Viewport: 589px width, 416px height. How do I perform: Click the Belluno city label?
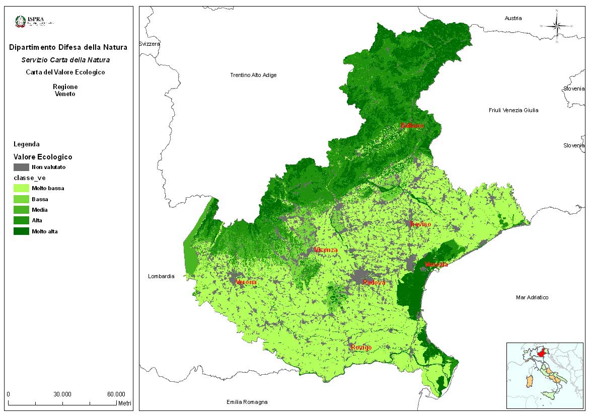coord(412,126)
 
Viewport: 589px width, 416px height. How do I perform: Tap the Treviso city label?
coord(420,224)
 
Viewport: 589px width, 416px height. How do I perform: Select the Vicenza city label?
coord(325,250)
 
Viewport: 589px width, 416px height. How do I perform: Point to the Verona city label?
coord(246,283)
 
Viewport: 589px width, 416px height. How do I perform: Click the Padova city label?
coord(374,283)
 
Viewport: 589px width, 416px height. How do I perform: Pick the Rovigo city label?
coord(361,348)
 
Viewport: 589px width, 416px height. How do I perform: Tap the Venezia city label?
coord(436,265)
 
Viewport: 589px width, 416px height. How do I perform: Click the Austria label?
coord(513,18)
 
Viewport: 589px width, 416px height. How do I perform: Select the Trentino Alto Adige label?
coord(253,75)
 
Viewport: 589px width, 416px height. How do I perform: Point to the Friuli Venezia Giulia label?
coord(513,110)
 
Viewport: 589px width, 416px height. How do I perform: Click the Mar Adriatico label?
coord(532,297)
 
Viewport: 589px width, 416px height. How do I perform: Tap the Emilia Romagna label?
coord(247,402)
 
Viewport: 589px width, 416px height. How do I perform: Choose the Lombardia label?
coord(161,276)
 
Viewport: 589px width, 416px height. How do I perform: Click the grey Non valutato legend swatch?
coord(21,167)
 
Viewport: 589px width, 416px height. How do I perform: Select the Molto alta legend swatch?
coord(21,231)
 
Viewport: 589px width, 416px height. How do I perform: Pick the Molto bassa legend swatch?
coord(21,188)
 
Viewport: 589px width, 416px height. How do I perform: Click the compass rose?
coord(557,25)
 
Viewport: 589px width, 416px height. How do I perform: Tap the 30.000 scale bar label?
coord(62,394)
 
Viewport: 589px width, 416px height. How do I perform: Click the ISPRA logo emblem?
coord(21,21)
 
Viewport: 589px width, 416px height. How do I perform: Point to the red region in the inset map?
coord(542,354)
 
